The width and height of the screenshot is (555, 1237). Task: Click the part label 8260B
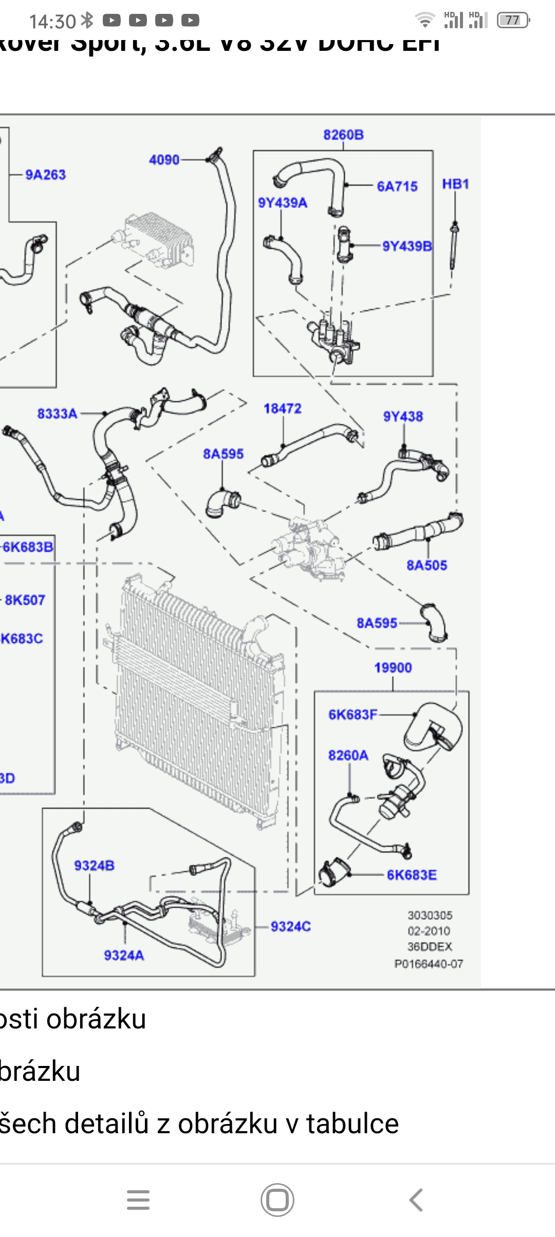tap(343, 135)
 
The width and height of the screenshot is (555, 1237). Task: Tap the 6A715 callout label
tap(397, 186)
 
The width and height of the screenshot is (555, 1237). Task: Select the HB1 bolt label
tap(455, 184)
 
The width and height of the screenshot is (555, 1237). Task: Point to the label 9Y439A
tap(283, 203)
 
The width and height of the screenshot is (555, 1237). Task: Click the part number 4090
tap(164, 160)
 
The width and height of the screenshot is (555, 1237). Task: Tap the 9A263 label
tap(46, 175)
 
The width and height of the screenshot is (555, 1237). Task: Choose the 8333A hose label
tap(58, 414)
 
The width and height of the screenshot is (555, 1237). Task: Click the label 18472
tap(283, 408)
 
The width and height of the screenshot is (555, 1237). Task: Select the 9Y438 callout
tap(403, 416)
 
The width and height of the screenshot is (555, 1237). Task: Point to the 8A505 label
tap(427, 565)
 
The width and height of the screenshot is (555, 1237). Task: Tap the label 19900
tap(393, 667)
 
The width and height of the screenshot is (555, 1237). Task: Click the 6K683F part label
tap(353, 715)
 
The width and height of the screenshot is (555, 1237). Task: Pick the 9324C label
tap(291, 926)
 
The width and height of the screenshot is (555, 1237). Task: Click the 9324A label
tap(124, 955)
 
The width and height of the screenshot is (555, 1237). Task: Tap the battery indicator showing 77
tap(513, 21)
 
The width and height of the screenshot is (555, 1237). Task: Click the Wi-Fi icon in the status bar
tap(425, 21)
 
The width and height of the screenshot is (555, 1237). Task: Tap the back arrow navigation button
tap(416, 1200)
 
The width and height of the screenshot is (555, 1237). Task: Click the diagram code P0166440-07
tap(429, 964)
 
